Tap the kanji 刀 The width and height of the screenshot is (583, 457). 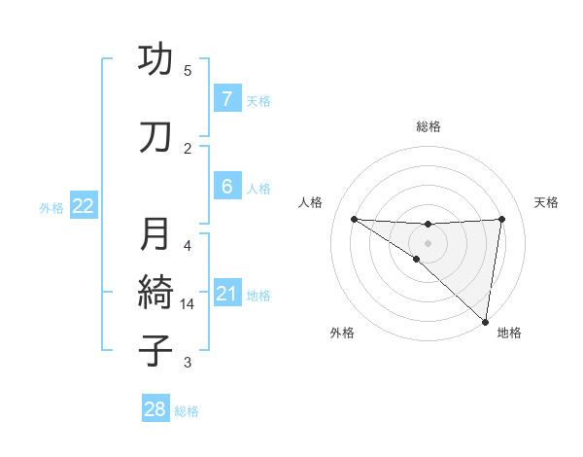click(x=155, y=137)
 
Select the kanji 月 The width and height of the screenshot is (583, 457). click(x=155, y=234)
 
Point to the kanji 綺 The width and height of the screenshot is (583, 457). click(x=155, y=291)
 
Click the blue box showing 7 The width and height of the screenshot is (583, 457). click(x=226, y=99)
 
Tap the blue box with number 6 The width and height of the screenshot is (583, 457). click(x=226, y=187)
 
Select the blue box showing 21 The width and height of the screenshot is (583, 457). click(x=226, y=294)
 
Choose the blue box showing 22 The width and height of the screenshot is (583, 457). click(x=84, y=206)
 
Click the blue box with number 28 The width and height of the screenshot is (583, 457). click(x=155, y=410)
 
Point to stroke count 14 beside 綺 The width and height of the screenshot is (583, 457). click(x=189, y=304)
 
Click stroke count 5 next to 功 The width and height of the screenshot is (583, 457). click(x=188, y=71)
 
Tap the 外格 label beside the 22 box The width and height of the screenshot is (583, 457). click(x=51, y=207)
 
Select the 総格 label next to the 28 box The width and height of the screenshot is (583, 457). click(x=187, y=411)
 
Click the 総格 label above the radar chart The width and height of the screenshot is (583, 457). click(x=428, y=126)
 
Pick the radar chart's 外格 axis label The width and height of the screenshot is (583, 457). click(x=342, y=333)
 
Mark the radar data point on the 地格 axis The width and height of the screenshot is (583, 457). click(x=486, y=321)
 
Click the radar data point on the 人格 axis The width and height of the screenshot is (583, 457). click(x=354, y=219)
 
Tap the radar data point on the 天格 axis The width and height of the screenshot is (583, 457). click(x=501, y=219)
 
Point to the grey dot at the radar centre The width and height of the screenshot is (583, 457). click(x=428, y=242)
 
